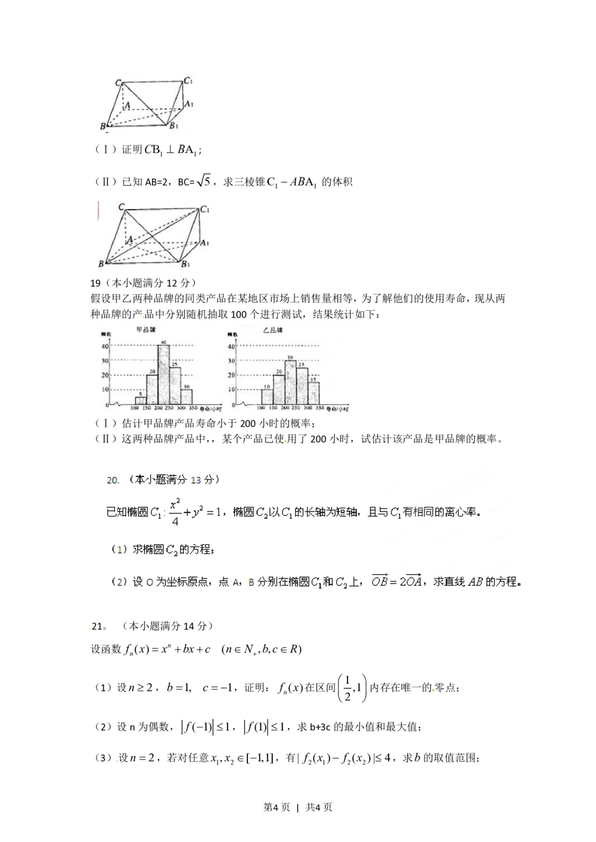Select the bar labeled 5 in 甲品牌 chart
(x=141, y=401)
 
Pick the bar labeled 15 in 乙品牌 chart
(x=313, y=394)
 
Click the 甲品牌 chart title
(x=146, y=330)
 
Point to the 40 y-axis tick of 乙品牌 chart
(x=231, y=347)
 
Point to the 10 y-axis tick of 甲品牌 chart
(x=105, y=390)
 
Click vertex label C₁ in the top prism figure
(x=188, y=81)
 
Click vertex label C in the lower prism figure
(x=121, y=207)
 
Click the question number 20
(x=113, y=479)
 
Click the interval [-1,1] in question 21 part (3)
(x=259, y=758)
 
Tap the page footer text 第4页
(x=277, y=807)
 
